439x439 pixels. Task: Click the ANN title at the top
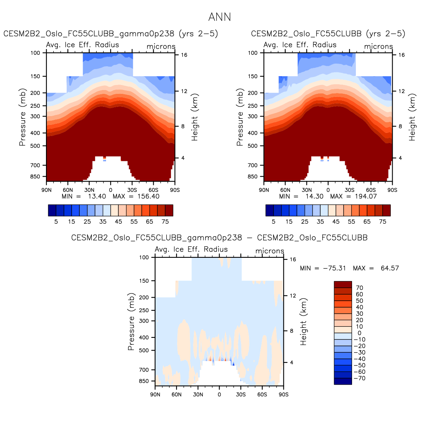pos(219,17)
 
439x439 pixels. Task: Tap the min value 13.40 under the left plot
pos(97,197)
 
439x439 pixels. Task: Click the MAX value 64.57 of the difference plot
pos(390,268)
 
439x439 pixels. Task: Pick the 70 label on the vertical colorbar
pos(359,288)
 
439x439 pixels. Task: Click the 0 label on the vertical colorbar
pos(359,333)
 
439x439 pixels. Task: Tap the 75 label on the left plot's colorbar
pos(165,221)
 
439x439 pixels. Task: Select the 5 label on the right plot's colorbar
pos(274,221)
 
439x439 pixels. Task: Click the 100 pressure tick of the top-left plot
pos(35,53)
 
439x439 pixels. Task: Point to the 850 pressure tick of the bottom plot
pos(144,381)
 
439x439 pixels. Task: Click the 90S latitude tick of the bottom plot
pos(283,395)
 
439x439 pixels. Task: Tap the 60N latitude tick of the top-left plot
pos(68,190)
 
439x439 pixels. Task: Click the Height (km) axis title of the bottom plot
pos(304,322)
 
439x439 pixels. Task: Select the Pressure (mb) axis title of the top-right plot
pos(240,117)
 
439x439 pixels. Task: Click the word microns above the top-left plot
pos(161,47)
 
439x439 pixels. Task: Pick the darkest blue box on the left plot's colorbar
pos(52,210)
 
